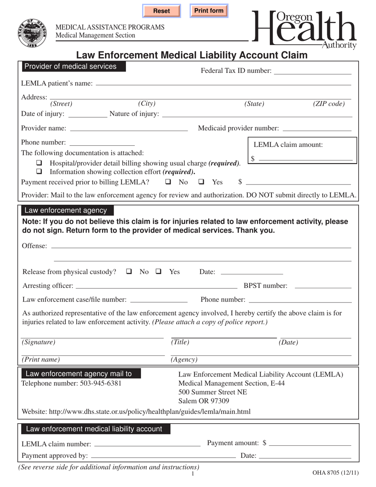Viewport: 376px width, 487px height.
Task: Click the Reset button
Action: click(161, 11)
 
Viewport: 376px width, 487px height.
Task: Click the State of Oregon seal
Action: click(32, 32)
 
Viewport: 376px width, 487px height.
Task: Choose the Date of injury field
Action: click(87, 114)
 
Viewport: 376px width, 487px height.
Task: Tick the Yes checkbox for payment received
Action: click(201, 182)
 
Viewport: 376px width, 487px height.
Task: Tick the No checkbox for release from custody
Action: click(129, 272)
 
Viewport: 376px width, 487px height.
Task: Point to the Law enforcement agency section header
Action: click(66, 211)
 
